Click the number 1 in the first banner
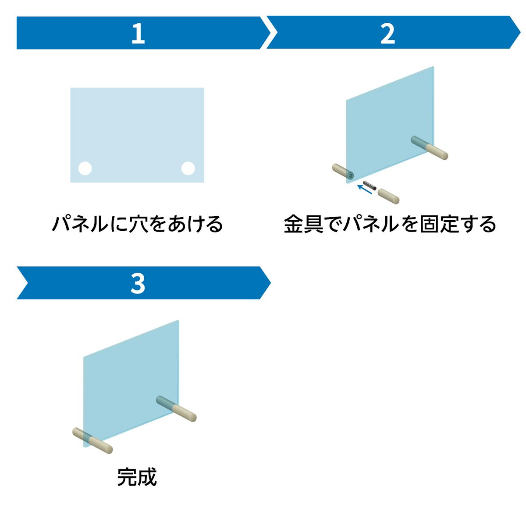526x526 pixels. click(138, 33)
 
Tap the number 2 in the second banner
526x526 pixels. click(387, 33)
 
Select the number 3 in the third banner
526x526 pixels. click(138, 283)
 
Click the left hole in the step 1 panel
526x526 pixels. click(85, 168)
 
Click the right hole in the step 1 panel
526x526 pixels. click(188, 168)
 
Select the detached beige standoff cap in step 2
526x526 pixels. click(388, 195)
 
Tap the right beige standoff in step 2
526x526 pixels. click(434, 150)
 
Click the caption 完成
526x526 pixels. click(137, 477)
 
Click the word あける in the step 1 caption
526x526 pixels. click(194, 224)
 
